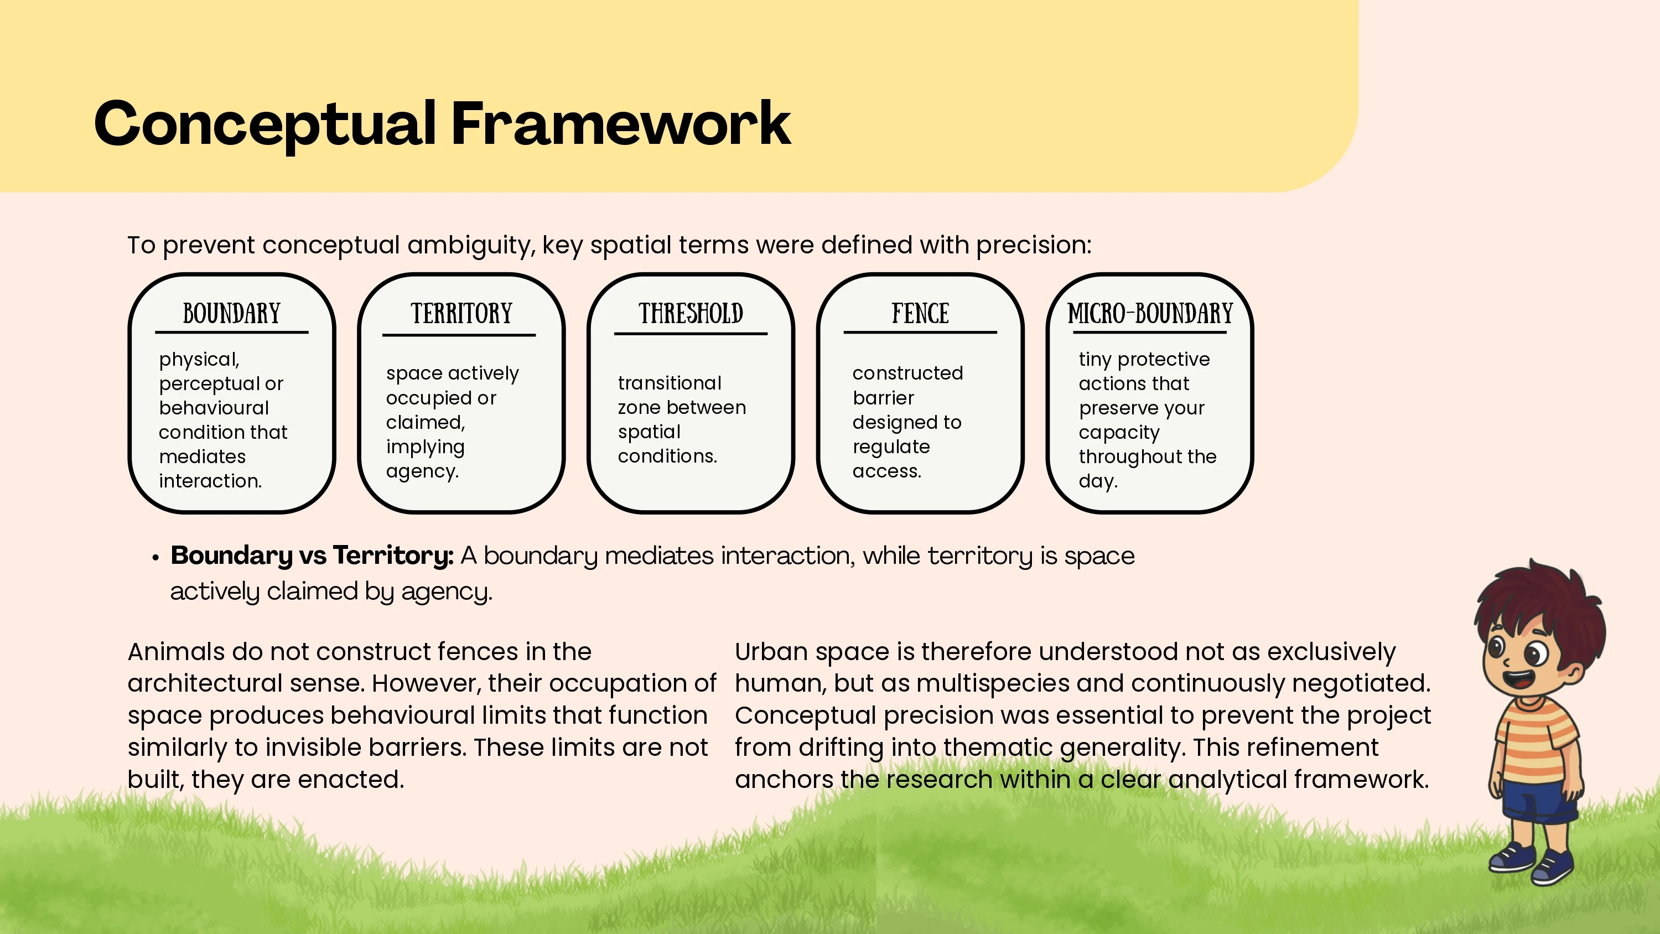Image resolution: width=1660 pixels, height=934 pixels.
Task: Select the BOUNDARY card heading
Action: click(x=231, y=313)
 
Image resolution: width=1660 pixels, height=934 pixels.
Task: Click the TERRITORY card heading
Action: click(x=461, y=313)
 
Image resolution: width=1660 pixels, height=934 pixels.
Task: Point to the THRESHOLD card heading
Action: click(x=691, y=313)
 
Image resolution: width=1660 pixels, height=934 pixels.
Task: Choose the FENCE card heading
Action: click(x=920, y=313)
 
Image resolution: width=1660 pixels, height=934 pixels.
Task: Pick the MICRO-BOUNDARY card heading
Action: click(x=1150, y=313)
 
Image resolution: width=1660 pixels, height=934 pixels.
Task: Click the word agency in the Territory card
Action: click(x=422, y=472)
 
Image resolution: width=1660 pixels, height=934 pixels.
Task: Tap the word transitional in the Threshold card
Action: click(x=670, y=383)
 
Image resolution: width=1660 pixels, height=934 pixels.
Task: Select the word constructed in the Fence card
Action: click(x=907, y=373)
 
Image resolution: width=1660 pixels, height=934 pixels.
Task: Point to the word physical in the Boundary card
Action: click(x=199, y=360)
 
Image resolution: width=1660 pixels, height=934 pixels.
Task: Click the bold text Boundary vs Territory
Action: click(x=312, y=556)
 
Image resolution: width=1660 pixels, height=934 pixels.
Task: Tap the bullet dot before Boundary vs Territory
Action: click(x=155, y=558)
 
